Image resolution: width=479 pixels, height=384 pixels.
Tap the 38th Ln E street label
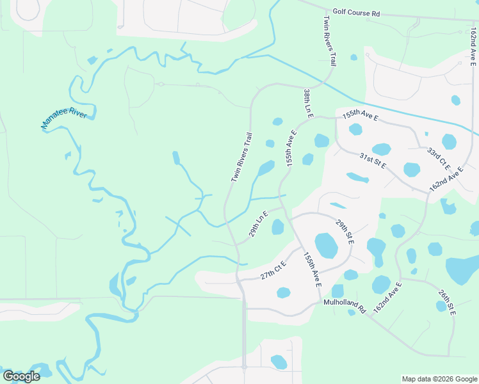(x=308, y=103)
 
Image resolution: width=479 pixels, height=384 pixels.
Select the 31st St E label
(x=373, y=161)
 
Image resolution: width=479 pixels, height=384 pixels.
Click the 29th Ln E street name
(x=259, y=224)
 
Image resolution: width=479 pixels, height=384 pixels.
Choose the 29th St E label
(x=345, y=231)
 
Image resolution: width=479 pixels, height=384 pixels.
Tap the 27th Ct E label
(x=273, y=271)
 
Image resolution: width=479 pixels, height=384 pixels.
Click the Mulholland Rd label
(x=344, y=306)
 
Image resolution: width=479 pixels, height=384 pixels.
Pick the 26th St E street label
(x=447, y=300)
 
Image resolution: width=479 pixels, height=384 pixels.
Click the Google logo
(x=21, y=376)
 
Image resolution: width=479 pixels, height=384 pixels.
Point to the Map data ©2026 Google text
(x=439, y=379)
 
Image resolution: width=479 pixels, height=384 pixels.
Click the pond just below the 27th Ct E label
(x=283, y=292)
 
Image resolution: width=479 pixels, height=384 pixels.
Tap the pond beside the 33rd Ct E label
(x=450, y=141)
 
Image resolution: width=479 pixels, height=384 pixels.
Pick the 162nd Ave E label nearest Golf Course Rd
(x=472, y=45)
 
